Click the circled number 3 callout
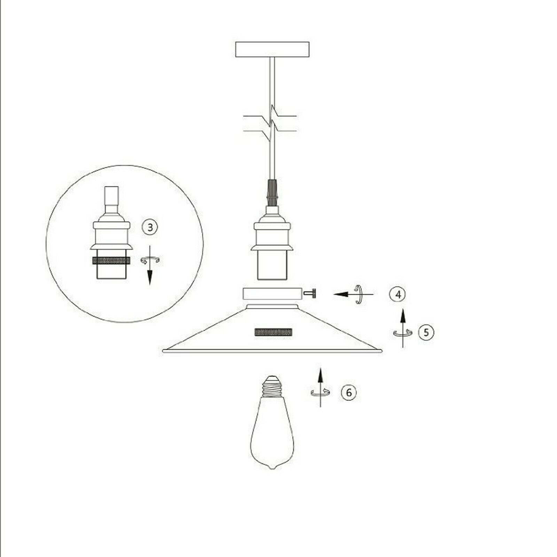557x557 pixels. (150, 227)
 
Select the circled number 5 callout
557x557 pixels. (426, 332)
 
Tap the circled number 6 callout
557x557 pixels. (348, 392)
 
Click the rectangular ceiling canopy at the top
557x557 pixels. (272, 49)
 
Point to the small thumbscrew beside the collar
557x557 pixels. (309, 294)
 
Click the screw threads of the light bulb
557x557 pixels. (272, 387)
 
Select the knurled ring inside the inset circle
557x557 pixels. (111, 260)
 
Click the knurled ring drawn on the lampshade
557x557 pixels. (273, 332)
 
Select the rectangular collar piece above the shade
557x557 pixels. (271, 293)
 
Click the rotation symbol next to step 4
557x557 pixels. (359, 294)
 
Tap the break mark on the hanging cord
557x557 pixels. (272, 124)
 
